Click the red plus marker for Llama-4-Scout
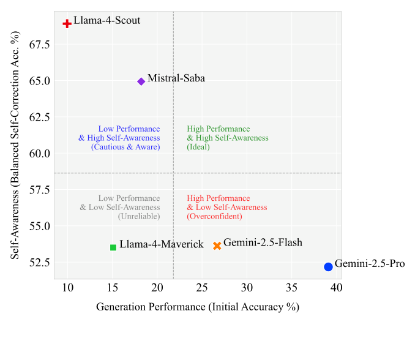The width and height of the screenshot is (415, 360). coord(67,23)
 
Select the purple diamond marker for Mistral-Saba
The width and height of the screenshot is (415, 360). coord(141,81)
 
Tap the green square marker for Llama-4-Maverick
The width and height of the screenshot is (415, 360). coord(113,247)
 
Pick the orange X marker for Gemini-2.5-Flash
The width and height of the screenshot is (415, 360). coord(217,246)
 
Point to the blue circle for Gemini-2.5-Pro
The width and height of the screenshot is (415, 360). coord(328,267)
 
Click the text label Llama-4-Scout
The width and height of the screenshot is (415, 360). coord(107,21)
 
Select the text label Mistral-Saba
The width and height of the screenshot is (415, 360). coord(176,78)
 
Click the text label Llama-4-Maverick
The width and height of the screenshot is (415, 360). coord(162,245)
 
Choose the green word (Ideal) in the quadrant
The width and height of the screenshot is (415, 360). coord(199,147)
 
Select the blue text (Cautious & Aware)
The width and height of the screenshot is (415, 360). coord(125,147)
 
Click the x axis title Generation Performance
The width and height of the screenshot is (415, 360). coord(197,307)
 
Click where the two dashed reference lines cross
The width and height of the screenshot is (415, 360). coord(174,173)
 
